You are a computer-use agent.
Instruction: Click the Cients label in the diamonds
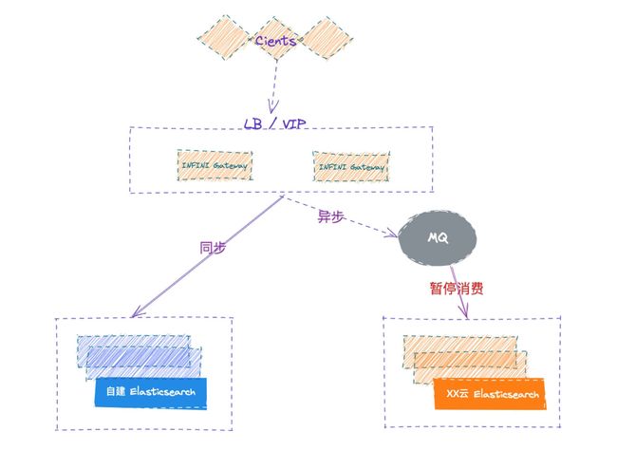click(275, 40)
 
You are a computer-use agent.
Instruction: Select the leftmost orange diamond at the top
click(224, 38)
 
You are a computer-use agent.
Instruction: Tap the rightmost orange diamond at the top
click(326, 38)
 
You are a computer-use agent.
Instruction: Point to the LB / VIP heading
click(274, 123)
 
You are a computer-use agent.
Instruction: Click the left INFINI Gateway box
click(215, 165)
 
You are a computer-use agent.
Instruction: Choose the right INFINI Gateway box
click(351, 167)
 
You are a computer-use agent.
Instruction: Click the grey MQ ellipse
click(438, 237)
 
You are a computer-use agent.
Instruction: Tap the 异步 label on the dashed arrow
click(330, 216)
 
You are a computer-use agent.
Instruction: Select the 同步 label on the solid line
click(213, 248)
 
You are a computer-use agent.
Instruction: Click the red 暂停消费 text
click(457, 289)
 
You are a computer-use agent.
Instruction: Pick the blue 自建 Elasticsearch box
click(150, 392)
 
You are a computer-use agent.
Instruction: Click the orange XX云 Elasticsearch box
click(490, 394)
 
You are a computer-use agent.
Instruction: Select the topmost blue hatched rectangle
click(134, 350)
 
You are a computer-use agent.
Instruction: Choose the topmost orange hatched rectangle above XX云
click(460, 351)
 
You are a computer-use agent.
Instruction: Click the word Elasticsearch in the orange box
click(506, 394)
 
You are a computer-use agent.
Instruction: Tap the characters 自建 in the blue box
click(116, 391)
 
